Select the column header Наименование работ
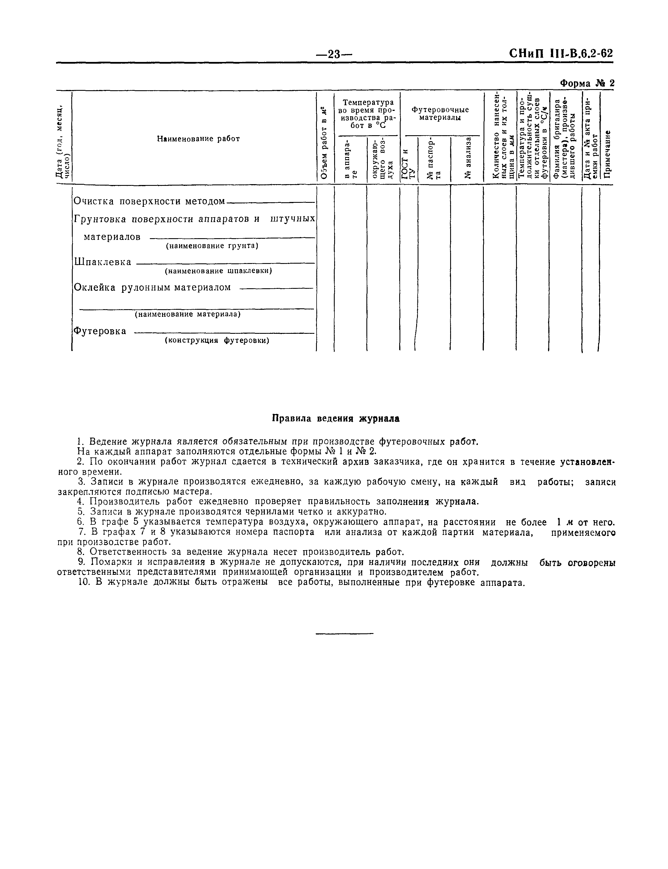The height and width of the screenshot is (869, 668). [x=198, y=139]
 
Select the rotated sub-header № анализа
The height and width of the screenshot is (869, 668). [x=468, y=158]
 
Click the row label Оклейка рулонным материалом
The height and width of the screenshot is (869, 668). [x=152, y=287]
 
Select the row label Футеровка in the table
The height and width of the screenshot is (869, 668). [x=100, y=331]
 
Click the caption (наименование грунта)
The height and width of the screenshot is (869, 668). [x=212, y=246]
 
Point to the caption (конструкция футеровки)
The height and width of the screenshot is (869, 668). [x=217, y=341]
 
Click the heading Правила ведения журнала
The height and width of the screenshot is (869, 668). [x=336, y=419]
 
